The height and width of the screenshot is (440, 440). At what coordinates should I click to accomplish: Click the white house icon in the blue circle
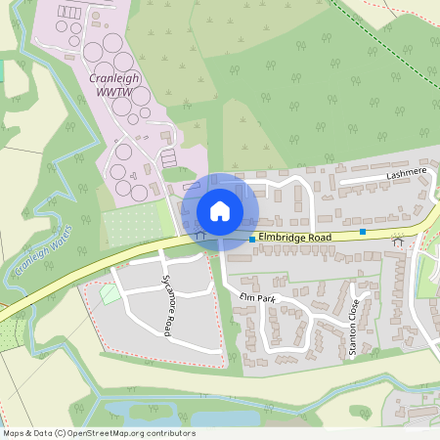[220, 211]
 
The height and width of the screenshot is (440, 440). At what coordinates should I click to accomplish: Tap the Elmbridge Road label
[295, 237]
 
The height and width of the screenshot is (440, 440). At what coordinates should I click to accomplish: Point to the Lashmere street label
[408, 172]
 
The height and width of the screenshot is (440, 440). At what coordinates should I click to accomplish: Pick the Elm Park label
[251, 295]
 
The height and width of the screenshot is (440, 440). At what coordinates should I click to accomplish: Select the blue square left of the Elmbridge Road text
[252, 239]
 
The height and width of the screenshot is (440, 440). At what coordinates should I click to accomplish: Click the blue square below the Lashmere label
[363, 232]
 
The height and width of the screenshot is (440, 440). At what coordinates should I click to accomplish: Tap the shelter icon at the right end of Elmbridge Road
[397, 241]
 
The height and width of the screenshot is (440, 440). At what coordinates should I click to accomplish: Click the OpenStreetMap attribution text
[99, 433]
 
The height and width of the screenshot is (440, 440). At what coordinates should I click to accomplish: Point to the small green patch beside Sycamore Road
[110, 292]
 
